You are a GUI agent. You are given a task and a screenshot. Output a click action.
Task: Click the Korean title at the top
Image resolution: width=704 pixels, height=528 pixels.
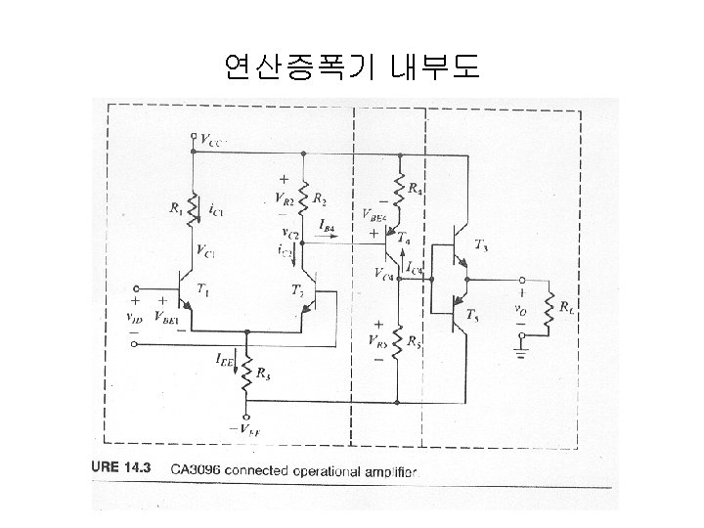351,67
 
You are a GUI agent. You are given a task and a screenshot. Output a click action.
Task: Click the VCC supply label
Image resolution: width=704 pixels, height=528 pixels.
214,140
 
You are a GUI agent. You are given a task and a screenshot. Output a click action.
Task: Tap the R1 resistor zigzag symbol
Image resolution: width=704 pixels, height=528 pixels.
194,208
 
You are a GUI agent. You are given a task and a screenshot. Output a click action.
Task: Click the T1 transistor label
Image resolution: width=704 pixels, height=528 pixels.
203,289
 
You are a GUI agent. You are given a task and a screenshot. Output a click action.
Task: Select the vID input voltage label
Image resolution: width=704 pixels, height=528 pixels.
139,316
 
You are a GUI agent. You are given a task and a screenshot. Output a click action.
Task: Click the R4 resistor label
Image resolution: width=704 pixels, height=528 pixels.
416,189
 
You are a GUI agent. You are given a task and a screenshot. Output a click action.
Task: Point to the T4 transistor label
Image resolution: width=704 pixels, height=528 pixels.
404,238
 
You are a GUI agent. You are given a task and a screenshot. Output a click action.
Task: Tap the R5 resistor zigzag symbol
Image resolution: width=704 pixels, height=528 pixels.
398,344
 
